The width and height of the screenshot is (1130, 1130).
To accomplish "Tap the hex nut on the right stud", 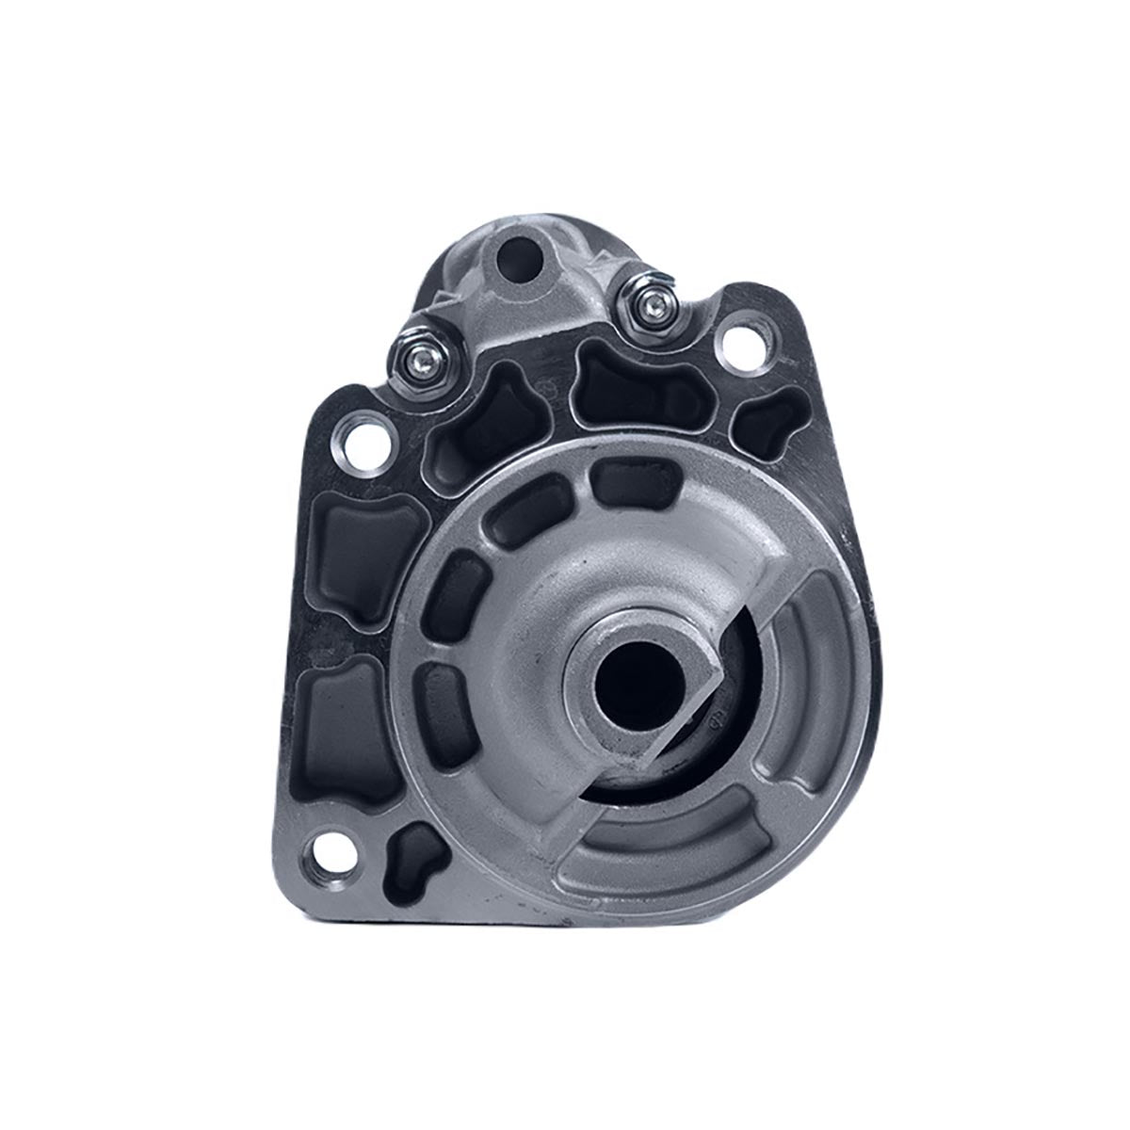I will coord(649,300).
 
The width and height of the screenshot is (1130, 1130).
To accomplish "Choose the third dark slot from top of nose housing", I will coord(461,598).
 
